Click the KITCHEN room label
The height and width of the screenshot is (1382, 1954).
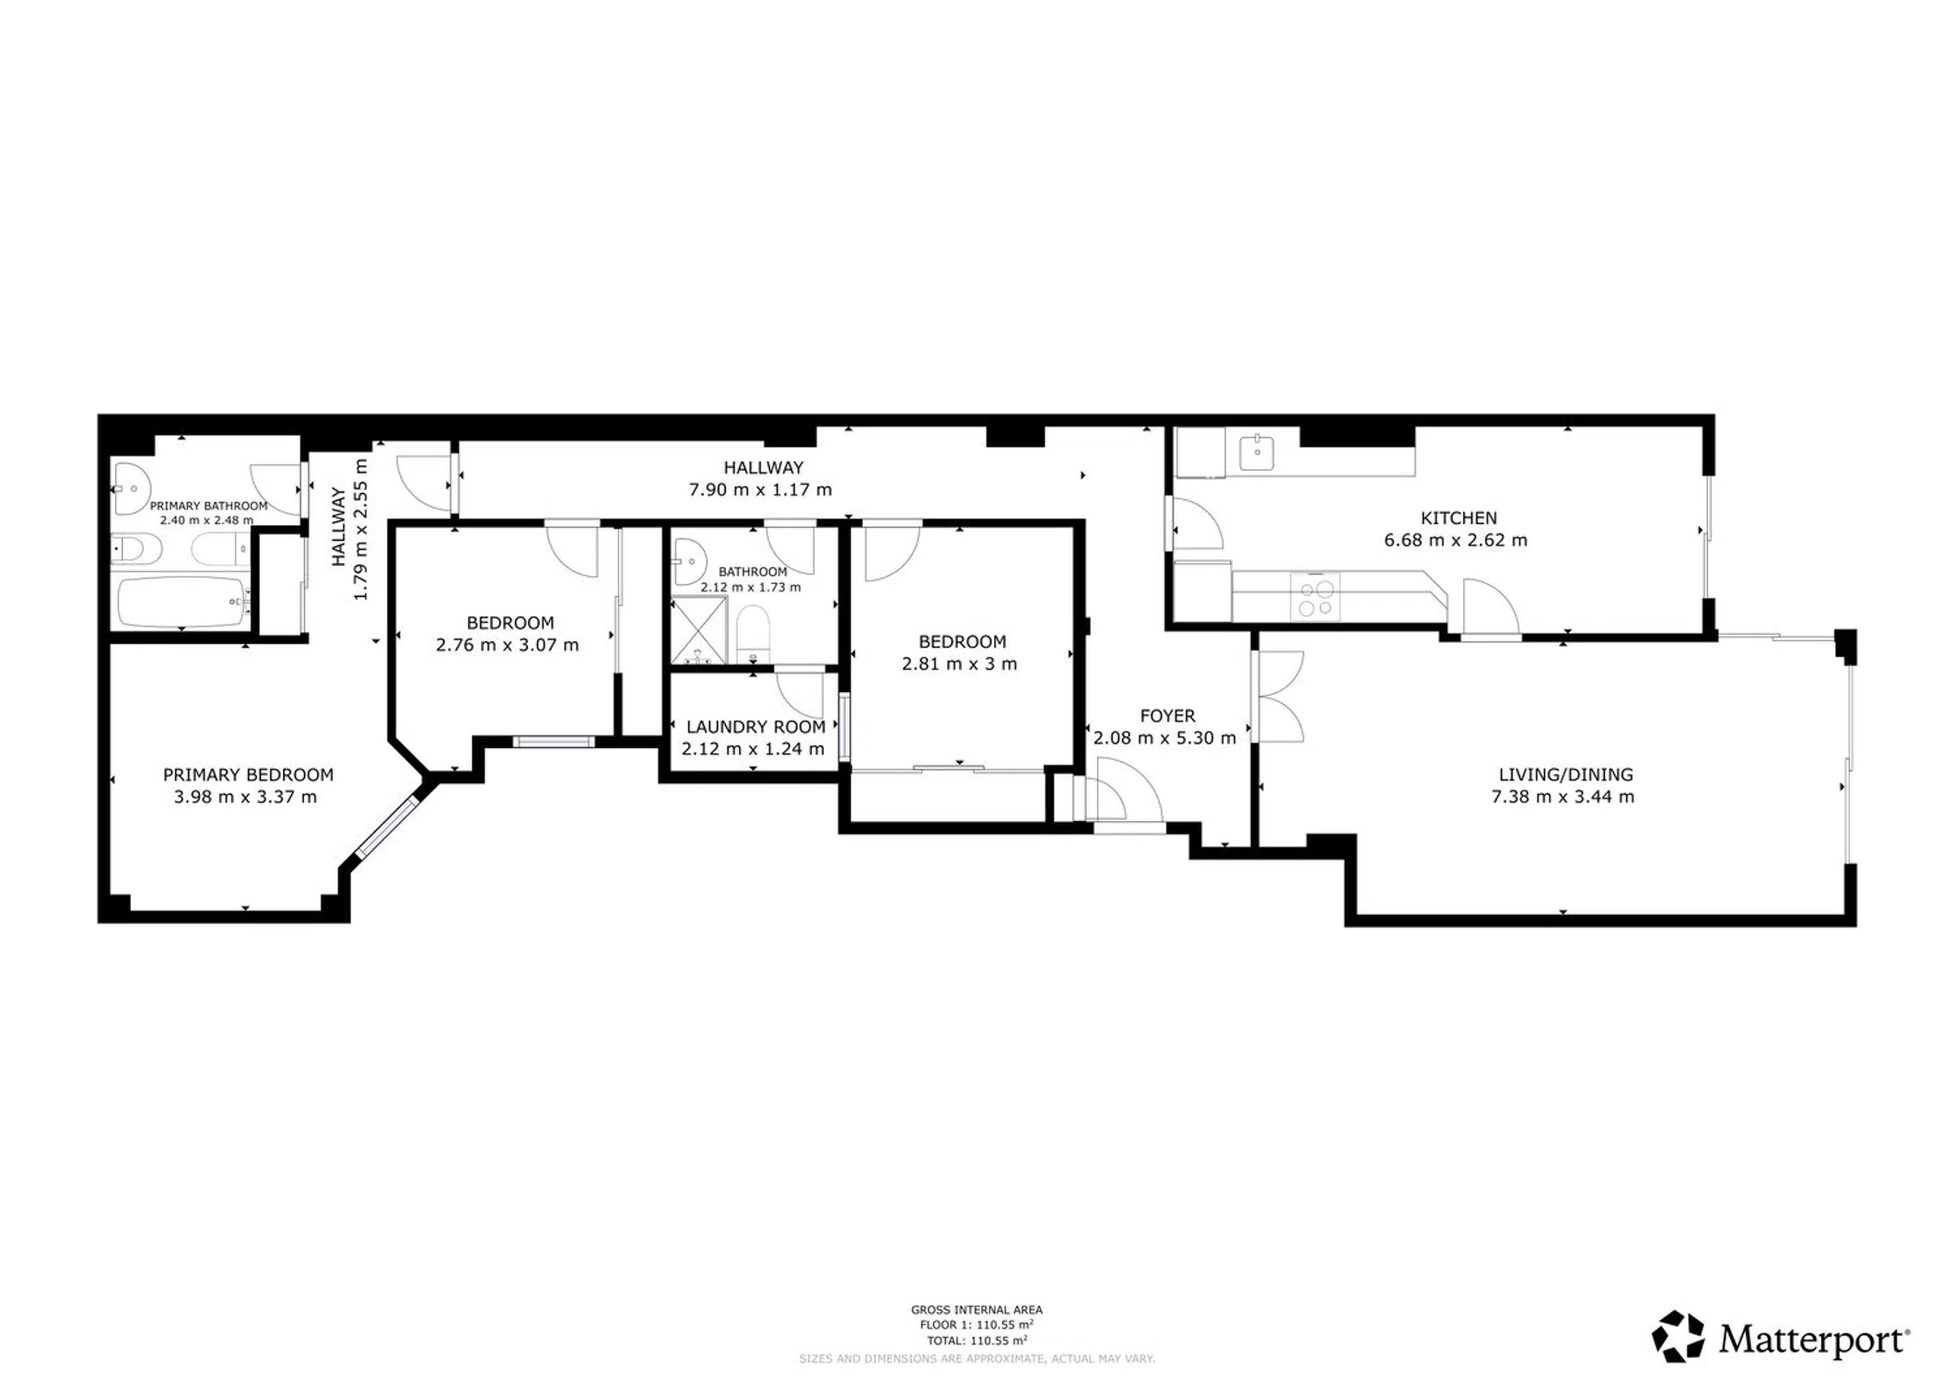tap(1458, 518)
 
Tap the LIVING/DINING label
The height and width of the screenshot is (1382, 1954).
tap(1565, 775)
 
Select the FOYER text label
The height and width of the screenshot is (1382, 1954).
tap(1167, 716)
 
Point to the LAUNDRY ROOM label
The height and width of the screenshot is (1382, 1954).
tap(755, 728)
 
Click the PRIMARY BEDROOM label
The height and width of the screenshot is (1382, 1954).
tap(248, 775)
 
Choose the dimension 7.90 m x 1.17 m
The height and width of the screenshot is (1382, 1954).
tap(760, 490)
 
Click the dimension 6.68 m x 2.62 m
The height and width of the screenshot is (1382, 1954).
tap(1456, 541)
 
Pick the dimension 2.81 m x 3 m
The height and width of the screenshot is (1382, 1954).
tap(959, 664)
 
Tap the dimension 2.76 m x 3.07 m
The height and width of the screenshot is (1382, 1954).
tap(508, 646)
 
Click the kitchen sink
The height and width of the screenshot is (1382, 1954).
tap(1256, 452)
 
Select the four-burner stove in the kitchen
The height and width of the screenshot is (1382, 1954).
tap(1316, 597)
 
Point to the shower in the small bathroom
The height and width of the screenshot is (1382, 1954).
tap(699, 630)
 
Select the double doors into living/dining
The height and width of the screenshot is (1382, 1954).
tap(1279, 697)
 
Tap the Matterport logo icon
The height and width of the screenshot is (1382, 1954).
tap(1678, 1336)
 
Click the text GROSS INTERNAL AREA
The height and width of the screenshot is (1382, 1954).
tap(977, 1309)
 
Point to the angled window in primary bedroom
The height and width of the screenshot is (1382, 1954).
tap(387, 826)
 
